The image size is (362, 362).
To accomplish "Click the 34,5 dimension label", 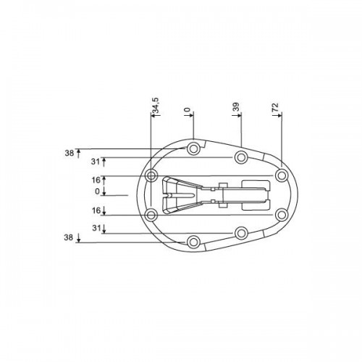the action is point(156,106).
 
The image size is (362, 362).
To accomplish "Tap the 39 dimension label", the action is point(237,106).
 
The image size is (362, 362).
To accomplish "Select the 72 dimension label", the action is point(275,107).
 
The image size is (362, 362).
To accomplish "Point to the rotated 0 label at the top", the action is point(188,110).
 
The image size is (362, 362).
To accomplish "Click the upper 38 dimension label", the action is point(70,153).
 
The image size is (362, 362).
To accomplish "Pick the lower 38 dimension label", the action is point(69,237).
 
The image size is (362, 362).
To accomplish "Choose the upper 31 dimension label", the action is point(96,161).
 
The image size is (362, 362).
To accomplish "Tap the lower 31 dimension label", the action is point(96,228).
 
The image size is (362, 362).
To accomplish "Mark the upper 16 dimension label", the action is point(96,180).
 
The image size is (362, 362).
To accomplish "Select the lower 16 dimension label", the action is point(96,211).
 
